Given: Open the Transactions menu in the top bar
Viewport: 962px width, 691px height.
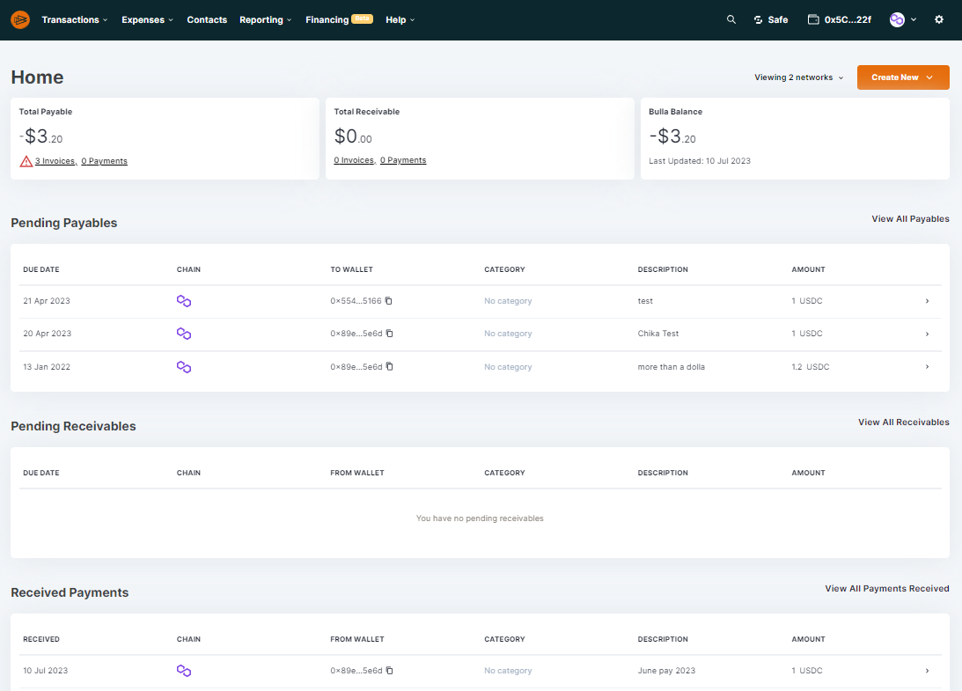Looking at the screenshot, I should [x=74, y=19].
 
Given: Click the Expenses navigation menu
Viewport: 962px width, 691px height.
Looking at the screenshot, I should [x=147, y=19].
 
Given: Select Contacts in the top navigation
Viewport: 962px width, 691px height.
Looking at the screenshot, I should [x=207, y=19].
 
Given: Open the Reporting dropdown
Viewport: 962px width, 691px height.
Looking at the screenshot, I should [x=265, y=19].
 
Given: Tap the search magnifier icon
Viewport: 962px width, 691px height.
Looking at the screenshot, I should [x=731, y=19].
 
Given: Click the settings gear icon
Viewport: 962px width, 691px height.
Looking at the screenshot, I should [x=939, y=19].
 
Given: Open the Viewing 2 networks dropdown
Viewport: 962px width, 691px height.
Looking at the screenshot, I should [x=798, y=77].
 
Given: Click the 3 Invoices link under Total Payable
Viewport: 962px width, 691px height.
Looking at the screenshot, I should [x=55, y=161].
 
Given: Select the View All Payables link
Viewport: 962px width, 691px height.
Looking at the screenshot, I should [x=910, y=219].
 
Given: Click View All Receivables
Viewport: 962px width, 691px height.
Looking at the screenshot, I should [x=903, y=423].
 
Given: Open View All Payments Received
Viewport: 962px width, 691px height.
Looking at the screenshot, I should [x=886, y=589].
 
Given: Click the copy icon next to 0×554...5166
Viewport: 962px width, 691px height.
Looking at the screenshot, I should [x=389, y=301].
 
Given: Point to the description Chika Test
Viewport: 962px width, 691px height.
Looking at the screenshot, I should [x=658, y=334].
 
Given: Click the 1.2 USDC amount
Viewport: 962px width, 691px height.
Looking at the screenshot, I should [x=810, y=367].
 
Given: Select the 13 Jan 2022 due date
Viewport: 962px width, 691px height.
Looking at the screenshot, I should [x=47, y=367].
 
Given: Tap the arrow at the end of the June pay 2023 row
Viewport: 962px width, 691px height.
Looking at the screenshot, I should [x=927, y=671].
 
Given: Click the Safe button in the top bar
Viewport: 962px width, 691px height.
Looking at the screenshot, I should [x=771, y=19].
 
